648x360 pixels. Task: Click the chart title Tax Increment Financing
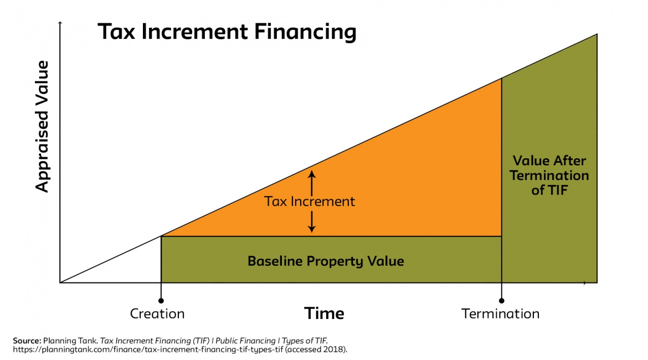(227, 32)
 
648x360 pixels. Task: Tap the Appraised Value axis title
(43, 126)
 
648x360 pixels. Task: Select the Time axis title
(324, 313)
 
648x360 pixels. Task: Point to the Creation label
(157, 313)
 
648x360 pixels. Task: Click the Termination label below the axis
(500, 313)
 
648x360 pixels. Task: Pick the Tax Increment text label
(310, 201)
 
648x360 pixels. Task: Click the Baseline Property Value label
(326, 260)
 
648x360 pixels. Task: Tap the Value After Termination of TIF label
(549, 176)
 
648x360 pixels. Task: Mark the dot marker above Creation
(161, 300)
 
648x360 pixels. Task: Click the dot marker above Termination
(501, 300)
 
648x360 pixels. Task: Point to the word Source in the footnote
(26, 340)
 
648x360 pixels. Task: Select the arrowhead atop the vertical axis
(60, 23)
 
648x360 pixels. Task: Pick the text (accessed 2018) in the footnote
(320, 349)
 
